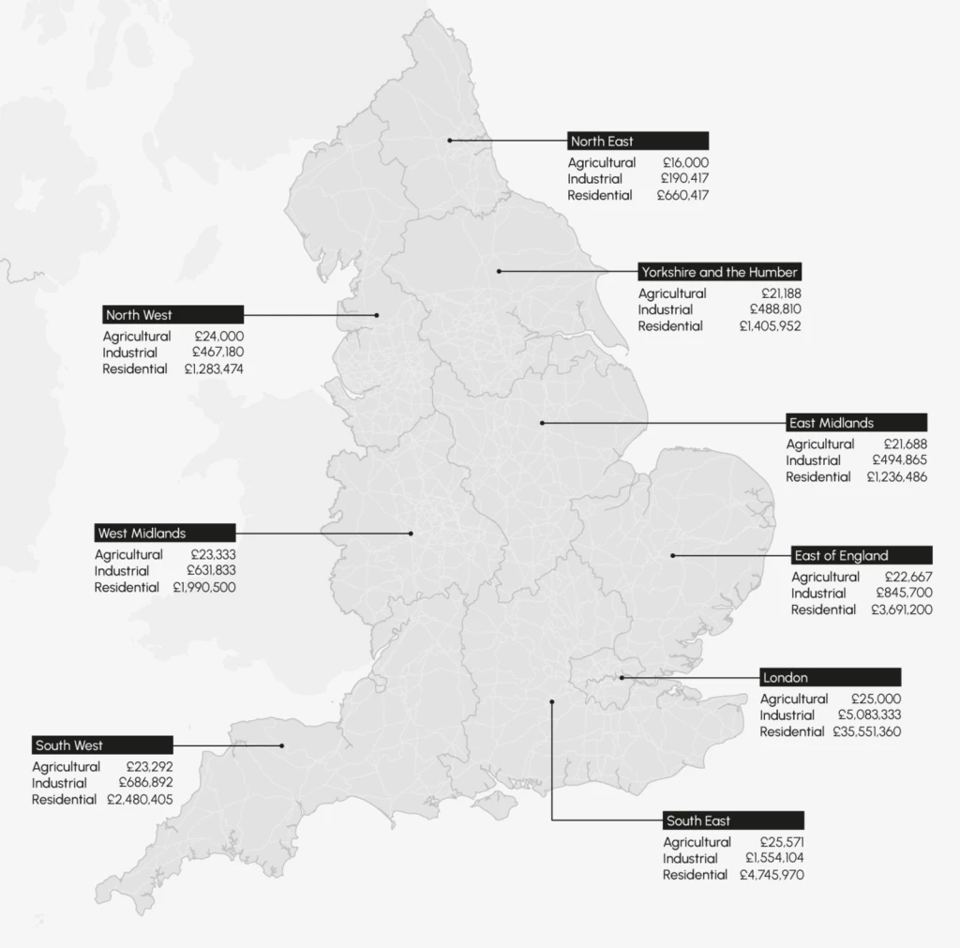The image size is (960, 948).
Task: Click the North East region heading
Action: click(x=637, y=142)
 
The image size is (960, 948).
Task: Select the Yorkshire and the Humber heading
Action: click(x=719, y=272)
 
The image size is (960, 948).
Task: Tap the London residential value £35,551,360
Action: click(x=866, y=731)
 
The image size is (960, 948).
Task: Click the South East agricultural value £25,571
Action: click(x=780, y=842)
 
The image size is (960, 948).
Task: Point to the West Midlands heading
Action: click(x=153, y=534)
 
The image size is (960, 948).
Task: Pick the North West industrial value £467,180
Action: click(x=217, y=353)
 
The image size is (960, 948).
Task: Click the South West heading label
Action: click(x=102, y=745)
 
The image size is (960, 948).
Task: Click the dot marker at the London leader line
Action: click(x=621, y=677)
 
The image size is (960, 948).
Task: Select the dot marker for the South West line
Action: click(x=281, y=745)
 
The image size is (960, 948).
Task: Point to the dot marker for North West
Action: click(x=378, y=315)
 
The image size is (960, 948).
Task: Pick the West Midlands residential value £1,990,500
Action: click(x=204, y=587)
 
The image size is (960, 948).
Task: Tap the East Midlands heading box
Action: click(x=856, y=423)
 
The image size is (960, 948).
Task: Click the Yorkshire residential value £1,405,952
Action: click(x=770, y=326)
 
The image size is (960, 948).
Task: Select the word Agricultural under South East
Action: click(x=697, y=842)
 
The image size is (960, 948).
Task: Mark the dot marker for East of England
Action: click(x=673, y=555)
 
